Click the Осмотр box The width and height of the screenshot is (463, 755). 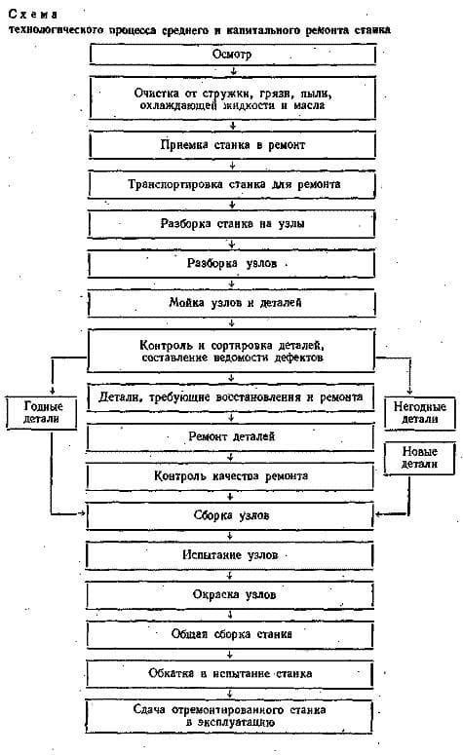coord(233,55)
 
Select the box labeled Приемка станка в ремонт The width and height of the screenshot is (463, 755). coord(233,145)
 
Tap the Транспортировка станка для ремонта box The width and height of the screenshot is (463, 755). coord(232,184)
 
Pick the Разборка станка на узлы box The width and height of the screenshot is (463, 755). coord(232,224)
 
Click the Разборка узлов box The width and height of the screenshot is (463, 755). coord(231,263)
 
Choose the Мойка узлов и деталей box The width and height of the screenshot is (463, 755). coord(231,303)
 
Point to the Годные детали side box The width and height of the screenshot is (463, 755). coord(42,413)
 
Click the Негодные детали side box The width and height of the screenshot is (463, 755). coord(420,413)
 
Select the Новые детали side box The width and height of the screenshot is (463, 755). coord(419,458)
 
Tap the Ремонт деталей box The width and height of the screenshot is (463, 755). coord(230,436)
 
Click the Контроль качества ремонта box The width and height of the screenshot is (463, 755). coord(230,476)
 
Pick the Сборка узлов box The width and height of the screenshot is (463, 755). coord(230,515)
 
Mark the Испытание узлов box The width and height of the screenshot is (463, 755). coord(230,555)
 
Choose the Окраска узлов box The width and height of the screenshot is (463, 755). coord(230,594)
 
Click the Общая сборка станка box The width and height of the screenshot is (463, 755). coord(230,634)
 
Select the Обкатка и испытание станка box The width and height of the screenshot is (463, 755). coord(230,673)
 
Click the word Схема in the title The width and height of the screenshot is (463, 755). coord(33,15)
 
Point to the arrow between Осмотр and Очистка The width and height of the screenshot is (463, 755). coord(233,71)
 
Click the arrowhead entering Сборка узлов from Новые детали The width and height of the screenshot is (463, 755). coord(379,514)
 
